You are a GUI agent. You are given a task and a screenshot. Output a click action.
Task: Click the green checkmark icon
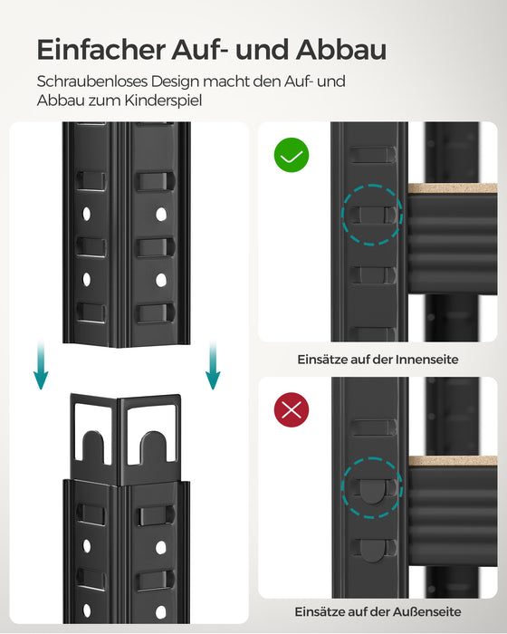tap(291, 156)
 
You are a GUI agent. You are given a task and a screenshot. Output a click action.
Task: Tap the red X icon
tap(291, 410)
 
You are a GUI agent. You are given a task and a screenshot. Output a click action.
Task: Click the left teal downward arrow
tap(41, 366)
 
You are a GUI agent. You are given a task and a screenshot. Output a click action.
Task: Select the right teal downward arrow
tap(211, 366)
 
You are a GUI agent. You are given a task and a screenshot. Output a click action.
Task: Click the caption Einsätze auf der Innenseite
tap(378, 360)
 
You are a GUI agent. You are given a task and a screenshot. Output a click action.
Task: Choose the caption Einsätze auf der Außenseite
tap(378, 612)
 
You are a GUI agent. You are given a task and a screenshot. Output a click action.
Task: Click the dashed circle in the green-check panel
tap(371, 215)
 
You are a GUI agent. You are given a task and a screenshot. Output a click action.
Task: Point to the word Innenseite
tap(426, 360)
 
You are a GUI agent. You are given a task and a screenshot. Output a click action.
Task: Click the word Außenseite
tap(426, 612)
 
